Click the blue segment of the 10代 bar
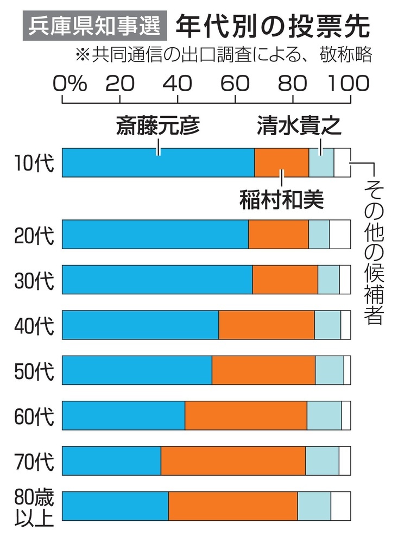click(x=158, y=162)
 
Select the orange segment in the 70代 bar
click(x=233, y=460)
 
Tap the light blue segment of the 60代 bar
click(x=324, y=415)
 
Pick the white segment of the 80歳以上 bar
click(x=340, y=506)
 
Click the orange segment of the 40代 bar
click(x=266, y=324)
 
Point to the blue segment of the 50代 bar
click(x=137, y=370)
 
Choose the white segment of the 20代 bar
click(x=340, y=234)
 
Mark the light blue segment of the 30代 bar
click(x=328, y=279)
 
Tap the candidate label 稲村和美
click(x=281, y=200)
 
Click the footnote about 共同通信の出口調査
click(x=219, y=56)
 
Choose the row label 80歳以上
click(x=34, y=506)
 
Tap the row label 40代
click(x=34, y=325)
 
